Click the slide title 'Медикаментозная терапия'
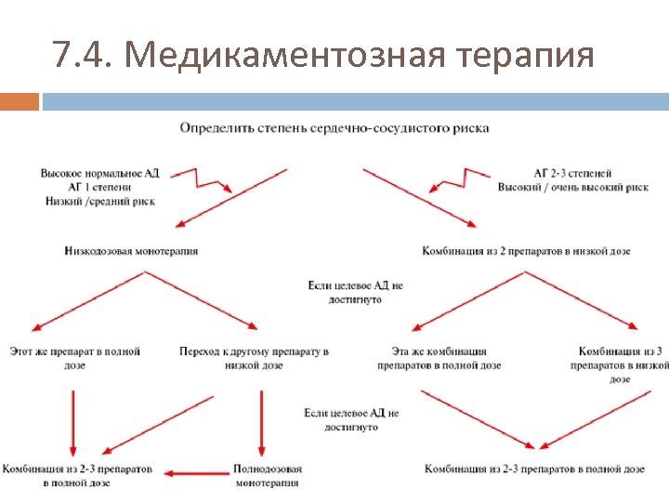[x=359, y=57]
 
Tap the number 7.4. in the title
[x=84, y=57]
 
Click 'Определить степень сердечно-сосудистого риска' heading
[x=334, y=127]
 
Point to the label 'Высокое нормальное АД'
[x=92, y=173]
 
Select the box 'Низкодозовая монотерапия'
[x=132, y=251]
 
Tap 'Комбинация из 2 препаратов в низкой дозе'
[x=526, y=251]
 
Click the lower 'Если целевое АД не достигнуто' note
[x=351, y=419]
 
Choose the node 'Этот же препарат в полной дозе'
[x=74, y=359]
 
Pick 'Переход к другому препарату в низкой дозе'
[x=254, y=359]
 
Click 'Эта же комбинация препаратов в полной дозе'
[x=439, y=359]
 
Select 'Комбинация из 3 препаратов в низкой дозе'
[x=619, y=364]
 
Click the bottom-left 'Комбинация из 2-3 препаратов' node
[x=77, y=475]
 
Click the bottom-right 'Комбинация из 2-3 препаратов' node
[x=534, y=469]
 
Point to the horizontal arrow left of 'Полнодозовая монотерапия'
[x=197, y=474]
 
